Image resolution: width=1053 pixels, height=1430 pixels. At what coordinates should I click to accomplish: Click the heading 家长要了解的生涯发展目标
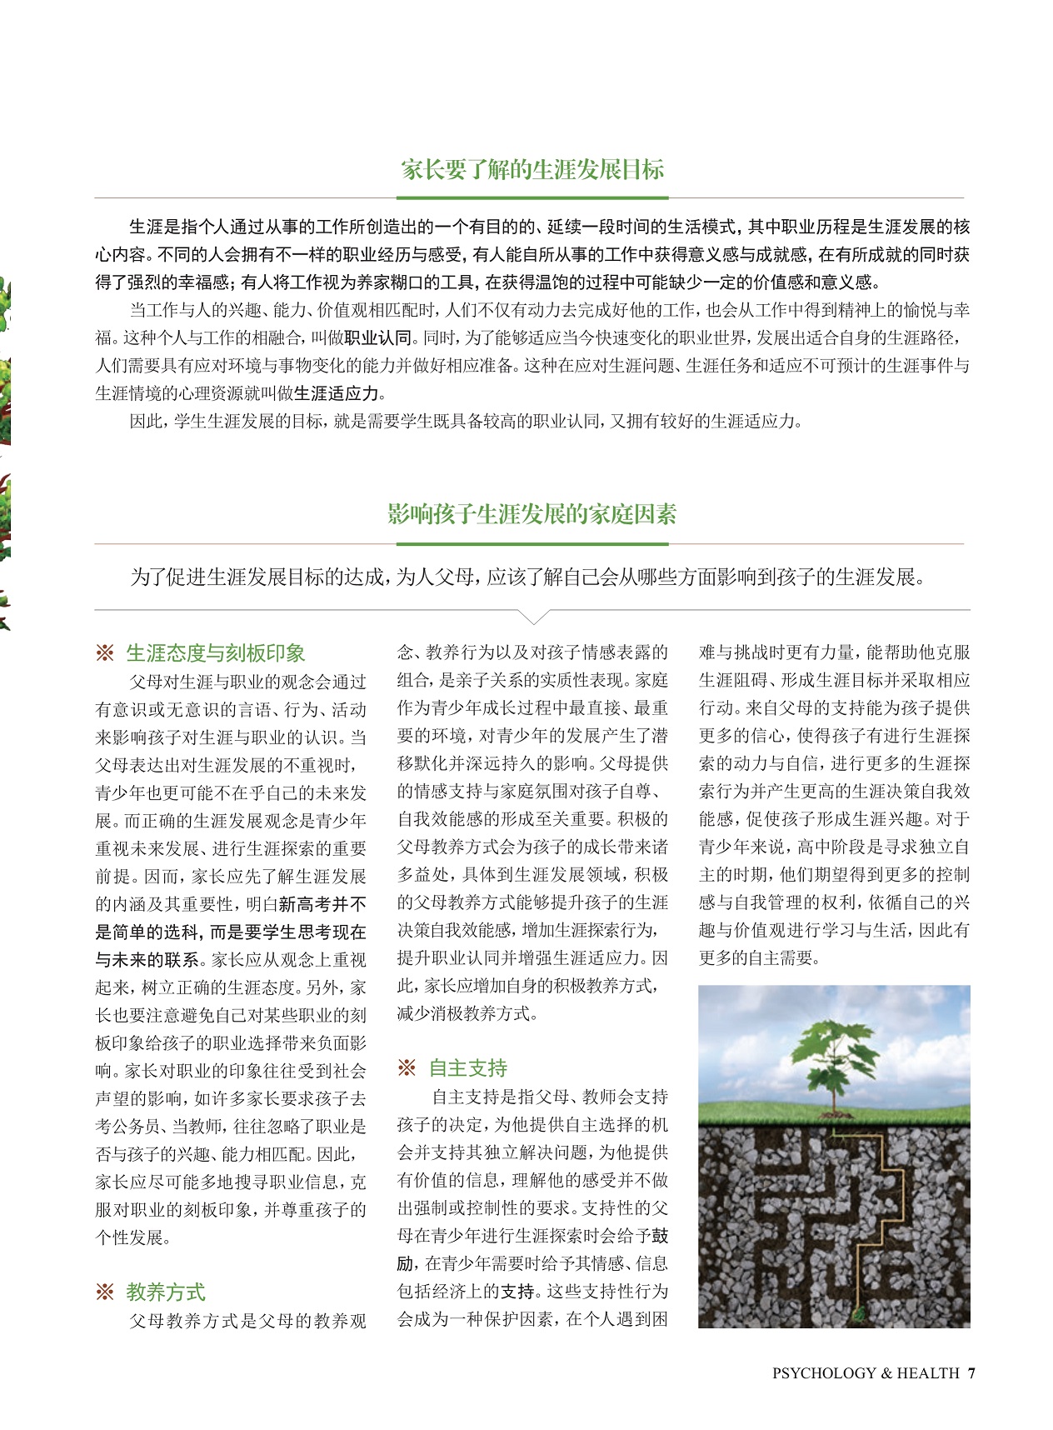[x=532, y=170]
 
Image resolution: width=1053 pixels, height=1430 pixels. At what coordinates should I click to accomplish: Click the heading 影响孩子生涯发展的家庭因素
[x=532, y=514]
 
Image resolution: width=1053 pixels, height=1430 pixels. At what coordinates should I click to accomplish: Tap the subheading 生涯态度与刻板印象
[x=216, y=653]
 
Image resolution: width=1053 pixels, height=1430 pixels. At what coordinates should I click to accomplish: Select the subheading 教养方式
[x=166, y=1292]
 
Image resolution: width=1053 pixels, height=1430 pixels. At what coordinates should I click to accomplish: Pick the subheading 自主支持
[x=467, y=1068]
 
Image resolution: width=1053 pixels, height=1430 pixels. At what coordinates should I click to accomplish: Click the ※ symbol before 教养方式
[x=105, y=1292]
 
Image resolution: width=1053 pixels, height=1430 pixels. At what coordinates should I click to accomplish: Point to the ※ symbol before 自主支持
[x=407, y=1068]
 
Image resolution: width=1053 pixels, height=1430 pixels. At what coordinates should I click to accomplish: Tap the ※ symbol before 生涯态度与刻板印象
[x=105, y=653]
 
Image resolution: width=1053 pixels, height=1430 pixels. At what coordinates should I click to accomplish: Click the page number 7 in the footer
[x=971, y=1373]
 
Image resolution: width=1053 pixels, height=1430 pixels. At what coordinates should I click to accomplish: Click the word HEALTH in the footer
[x=927, y=1373]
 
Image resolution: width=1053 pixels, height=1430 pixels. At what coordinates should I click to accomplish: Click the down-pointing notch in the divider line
[x=533, y=617]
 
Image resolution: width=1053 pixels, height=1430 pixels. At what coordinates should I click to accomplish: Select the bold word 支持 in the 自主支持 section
[x=517, y=1292]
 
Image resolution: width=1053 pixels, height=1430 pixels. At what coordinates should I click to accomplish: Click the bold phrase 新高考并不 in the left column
[x=322, y=904]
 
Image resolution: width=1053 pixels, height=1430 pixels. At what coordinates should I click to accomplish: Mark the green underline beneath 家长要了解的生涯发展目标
[x=532, y=197]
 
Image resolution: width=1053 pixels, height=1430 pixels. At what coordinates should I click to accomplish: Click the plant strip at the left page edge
[x=5, y=450]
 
